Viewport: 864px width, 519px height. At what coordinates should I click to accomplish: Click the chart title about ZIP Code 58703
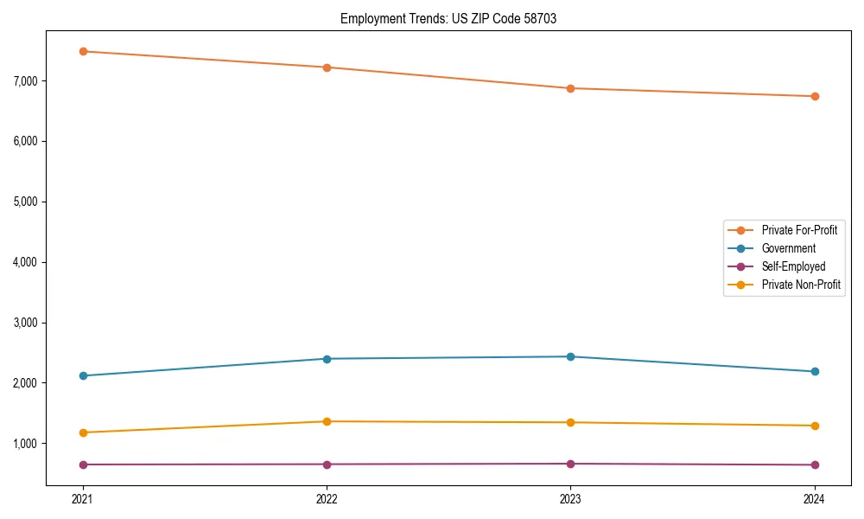pyautogui.click(x=448, y=18)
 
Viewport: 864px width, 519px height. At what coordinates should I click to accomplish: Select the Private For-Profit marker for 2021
pyautogui.click(x=83, y=52)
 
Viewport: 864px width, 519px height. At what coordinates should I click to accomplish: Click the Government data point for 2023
pyautogui.click(x=570, y=356)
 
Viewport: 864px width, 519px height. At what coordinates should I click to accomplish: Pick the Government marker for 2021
pyautogui.click(x=83, y=375)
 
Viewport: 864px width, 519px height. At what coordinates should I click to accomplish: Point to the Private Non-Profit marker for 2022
pyautogui.click(x=327, y=421)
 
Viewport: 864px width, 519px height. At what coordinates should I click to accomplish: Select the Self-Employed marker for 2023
pyautogui.click(x=570, y=464)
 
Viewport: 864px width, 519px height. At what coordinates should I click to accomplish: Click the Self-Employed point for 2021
pyautogui.click(x=83, y=465)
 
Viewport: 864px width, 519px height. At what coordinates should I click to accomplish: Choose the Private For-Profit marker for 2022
pyautogui.click(x=327, y=67)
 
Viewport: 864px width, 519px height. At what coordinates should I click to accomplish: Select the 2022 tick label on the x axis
pyautogui.click(x=327, y=499)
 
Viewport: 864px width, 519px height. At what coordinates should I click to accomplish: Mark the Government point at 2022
pyautogui.click(x=327, y=359)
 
